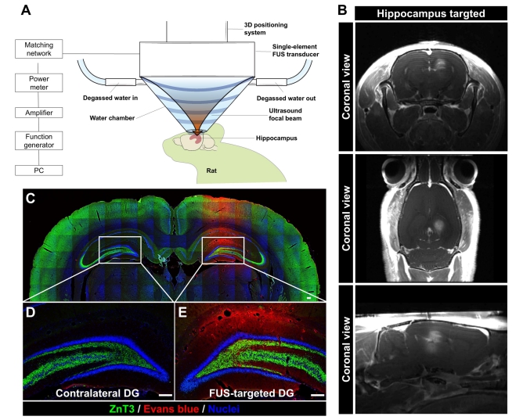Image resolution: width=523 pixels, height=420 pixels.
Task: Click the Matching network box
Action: [x=38, y=49]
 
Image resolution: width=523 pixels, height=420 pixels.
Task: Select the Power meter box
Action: [x=38, y=83]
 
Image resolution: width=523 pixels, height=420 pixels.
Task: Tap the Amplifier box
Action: [x=38, y=113]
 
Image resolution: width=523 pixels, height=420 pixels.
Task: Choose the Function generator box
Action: [x=38, y=141]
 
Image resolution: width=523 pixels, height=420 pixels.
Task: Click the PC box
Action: [x=38, y=171]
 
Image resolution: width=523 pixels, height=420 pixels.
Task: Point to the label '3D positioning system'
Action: [x=265, y=29]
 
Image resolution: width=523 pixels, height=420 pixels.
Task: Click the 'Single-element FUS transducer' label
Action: [x=295, y=50]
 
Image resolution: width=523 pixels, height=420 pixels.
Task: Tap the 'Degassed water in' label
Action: [x=110, y=98]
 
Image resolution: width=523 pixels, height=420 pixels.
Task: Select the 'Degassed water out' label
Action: [x=286, y=99]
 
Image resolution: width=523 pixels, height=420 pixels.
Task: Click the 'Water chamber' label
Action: [x=112, y=118]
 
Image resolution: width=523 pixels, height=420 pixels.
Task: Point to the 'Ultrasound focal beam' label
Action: [x=285, y=114]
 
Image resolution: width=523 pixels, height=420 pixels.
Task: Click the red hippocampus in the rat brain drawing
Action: [x=196, y=140]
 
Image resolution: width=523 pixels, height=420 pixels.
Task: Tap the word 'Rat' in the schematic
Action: [x=211, y=171]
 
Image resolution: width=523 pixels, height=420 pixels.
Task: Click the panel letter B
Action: [x=343, y=10]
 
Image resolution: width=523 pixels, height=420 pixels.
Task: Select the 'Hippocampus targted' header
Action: [x=431, y=13]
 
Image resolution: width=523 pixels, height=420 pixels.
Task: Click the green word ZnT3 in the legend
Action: [x=122, y=409]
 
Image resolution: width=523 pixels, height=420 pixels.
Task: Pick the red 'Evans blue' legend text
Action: [x=171, y=409]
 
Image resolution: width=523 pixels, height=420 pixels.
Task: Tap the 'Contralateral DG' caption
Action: [x=97, y=393]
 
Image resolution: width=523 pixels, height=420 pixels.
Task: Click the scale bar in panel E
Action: [x=319, y=395]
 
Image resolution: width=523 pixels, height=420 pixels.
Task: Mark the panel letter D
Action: [x=31, y=312]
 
